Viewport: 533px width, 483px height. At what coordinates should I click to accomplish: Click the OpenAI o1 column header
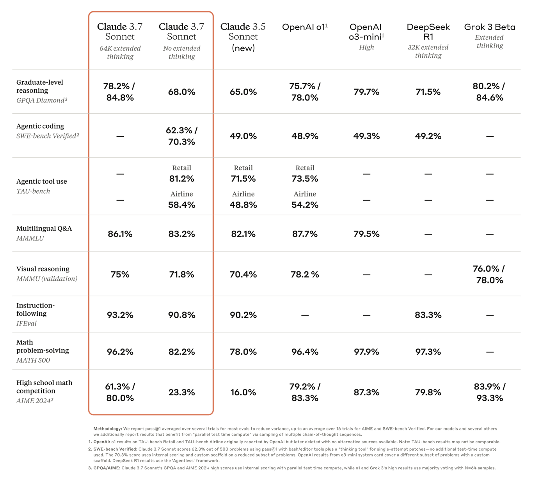(304, 27)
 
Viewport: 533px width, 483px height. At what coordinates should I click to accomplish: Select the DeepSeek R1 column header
(428, 32)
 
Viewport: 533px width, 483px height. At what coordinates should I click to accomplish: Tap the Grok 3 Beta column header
(489, 27)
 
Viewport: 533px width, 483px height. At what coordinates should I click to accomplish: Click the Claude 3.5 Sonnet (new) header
(243, 37)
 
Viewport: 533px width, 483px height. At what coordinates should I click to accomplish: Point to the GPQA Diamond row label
(41, 100)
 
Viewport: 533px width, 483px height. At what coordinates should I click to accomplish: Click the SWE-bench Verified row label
(47, 136)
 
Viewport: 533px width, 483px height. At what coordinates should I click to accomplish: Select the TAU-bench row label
(33, 191)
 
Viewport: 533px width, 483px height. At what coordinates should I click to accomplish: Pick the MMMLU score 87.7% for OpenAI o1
(304, 234)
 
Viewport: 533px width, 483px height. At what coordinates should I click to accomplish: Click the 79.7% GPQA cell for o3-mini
(366, 92)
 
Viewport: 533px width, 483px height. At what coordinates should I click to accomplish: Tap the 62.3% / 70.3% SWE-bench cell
(181, 136)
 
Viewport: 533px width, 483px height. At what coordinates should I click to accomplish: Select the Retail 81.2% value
(181, 179)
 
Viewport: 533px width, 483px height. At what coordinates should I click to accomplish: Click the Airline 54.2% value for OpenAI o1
(304, 205)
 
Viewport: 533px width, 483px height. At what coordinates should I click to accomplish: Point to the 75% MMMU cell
(120, 274)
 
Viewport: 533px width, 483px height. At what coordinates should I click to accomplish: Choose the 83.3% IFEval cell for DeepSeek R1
(428, 315)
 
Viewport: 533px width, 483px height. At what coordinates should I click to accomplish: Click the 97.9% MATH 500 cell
(366, 352)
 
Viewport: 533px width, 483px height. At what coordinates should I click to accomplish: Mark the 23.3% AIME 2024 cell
(181, 392)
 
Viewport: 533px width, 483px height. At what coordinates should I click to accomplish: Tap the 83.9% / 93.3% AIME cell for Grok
(489, 392)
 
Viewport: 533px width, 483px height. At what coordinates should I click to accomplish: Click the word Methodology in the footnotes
(107, 428)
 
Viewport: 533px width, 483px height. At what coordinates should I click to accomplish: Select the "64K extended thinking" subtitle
(120, 52)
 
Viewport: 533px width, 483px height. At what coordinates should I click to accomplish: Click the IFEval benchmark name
(27, 323)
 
